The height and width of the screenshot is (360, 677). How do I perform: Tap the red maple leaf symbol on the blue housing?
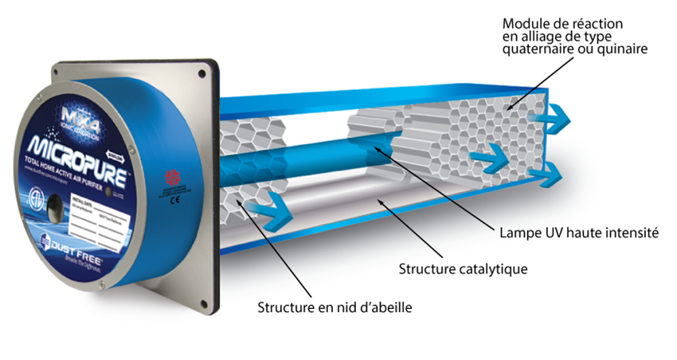pos(170,177)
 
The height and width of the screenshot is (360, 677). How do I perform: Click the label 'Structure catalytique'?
pos(464,268)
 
